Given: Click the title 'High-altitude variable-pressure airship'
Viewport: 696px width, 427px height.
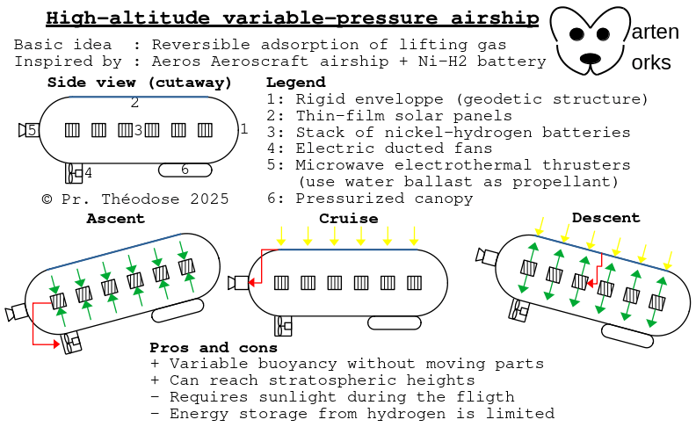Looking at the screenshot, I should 293,18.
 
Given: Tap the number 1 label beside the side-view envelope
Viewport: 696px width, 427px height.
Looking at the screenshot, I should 244,129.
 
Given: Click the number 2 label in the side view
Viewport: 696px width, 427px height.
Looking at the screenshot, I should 134,102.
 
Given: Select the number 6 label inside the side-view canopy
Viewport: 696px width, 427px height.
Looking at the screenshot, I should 185,170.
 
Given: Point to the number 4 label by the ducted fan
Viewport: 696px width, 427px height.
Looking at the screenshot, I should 88,173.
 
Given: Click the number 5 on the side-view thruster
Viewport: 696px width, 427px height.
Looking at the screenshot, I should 31,130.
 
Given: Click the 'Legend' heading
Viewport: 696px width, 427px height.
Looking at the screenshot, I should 294,83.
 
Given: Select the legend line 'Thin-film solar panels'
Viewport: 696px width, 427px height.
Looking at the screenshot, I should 403,116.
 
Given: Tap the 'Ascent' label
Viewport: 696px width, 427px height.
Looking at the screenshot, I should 115,218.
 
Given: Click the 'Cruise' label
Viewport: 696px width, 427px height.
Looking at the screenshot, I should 348,218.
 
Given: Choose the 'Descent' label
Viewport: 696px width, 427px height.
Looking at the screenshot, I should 605,217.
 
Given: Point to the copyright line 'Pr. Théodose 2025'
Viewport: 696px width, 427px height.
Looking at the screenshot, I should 135,199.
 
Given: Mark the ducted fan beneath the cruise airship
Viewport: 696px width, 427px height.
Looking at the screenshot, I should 283,326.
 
